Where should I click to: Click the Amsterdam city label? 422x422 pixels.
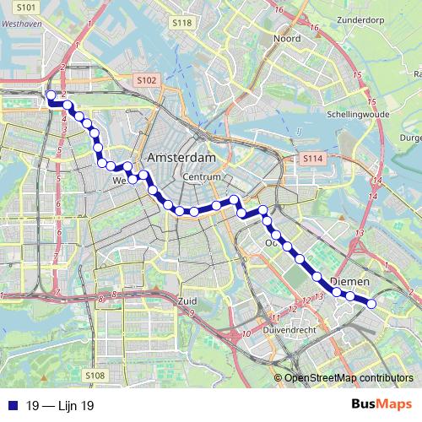pyautogui.click(x=181, y=158)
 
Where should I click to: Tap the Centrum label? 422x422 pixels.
pyautogui.click(x=201, y=177)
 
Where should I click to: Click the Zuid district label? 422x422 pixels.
pyautogui.click(x=187, y=300)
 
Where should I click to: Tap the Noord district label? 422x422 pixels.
pyautogui.click(x=287, y=38)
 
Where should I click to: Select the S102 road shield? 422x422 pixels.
pyautogui.click(x=146, y=80)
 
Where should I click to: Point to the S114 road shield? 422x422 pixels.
pyautogui.click(x=312, y=159)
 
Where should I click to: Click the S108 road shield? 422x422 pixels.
pyautogui.click(x=95, y=375)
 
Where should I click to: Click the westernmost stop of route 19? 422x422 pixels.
pyautogui.click(x=51, y=95)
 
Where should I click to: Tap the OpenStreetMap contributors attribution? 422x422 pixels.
pyautogui.click(x=349, y=378)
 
